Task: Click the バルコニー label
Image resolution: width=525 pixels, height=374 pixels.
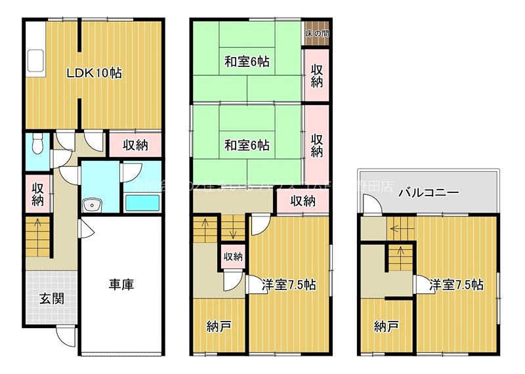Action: [x=428, y=193]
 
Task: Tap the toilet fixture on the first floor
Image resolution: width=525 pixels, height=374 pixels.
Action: [x=38, y=142]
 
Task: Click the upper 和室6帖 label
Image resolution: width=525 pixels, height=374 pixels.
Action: [x=247, y=62]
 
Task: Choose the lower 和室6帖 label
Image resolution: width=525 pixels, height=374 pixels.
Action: [x=247, y=144]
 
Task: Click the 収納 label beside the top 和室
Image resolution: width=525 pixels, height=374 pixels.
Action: [x=316, y=76]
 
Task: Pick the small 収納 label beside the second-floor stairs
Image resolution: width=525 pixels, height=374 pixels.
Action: [x=233, y=256]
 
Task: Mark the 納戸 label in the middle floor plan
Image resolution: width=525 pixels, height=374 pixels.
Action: [x=219, y=325]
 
